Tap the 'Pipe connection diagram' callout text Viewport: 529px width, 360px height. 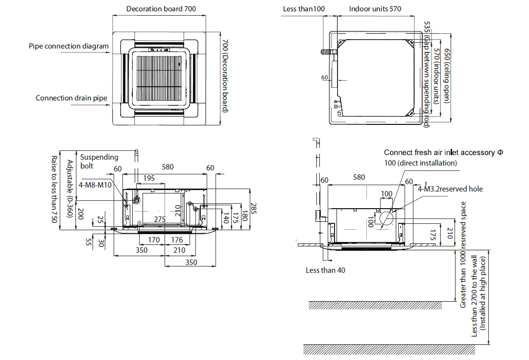(69, 47)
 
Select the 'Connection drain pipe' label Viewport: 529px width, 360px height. (71, 98)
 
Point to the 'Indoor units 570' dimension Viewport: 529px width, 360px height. (375, 9)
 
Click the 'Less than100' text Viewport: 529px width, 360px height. (304, 9)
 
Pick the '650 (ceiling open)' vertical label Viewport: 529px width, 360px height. (447, 75)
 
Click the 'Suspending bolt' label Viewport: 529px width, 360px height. (99, 161)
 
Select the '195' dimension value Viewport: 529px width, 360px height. (149, 178)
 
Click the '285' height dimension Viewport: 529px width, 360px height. (253, 209)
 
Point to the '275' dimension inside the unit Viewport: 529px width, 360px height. (160, 220)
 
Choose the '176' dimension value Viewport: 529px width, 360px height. (177, 240)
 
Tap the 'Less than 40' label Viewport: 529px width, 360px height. (325, 270)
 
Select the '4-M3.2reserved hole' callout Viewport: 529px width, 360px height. (450, 189)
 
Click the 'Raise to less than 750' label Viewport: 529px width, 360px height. (54, 190)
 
